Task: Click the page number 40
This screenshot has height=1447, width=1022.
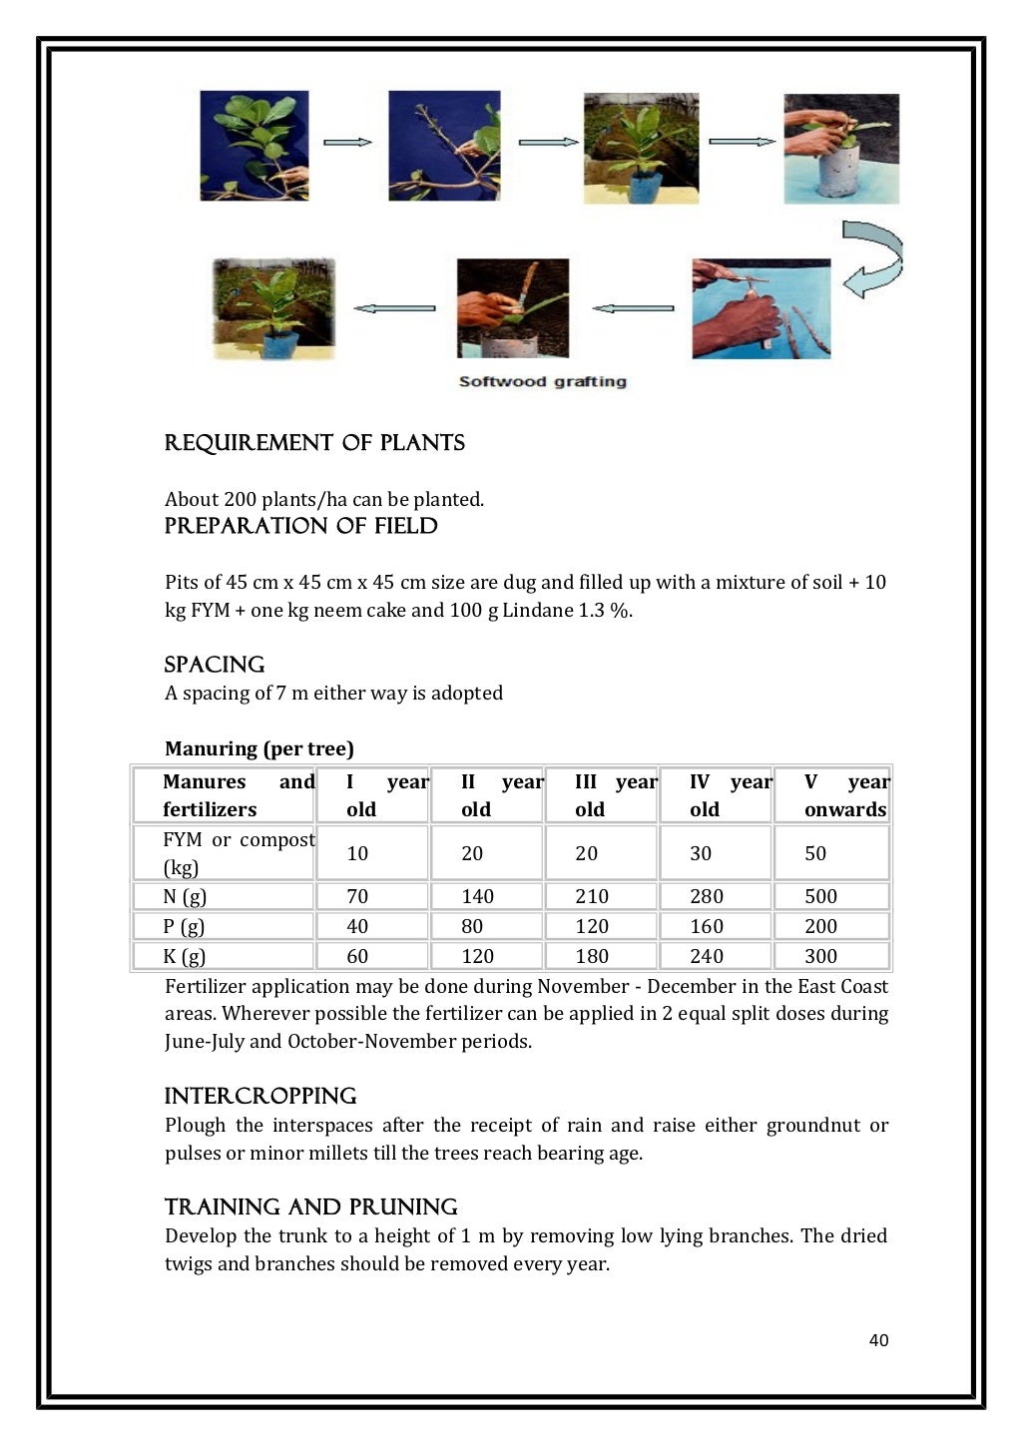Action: click(878, 1340)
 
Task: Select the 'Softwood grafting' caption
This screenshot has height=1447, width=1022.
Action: click(542, 381)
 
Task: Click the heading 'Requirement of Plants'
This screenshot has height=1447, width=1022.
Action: click(314, 443)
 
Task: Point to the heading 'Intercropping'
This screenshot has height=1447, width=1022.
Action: click(260, 1096)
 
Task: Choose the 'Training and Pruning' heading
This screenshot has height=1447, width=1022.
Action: click(310, 1206)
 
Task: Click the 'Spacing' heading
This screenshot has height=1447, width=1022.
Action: click(215, 665)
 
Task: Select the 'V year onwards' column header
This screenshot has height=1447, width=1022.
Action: click(845, 795)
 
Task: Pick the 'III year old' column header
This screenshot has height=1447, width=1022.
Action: click(615, 795)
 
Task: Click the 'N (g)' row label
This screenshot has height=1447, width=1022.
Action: click(185, 896)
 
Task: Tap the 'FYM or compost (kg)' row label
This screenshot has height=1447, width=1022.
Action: click(238, 853)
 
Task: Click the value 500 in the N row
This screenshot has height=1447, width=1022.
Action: click(820, 896)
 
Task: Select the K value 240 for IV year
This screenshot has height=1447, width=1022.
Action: click(706, 956)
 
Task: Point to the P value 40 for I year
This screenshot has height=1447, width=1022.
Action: click(357, 926)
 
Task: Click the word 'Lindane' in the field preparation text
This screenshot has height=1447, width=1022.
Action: click(537, 610)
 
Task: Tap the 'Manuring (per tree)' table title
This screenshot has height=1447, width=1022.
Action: click(259, 748)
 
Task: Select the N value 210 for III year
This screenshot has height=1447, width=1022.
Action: click(592, 896)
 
